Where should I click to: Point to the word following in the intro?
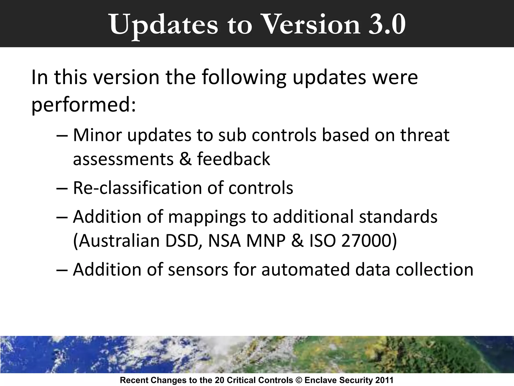point(244,77)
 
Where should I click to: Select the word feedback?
point(234,159)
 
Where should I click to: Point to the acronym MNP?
point(266,241)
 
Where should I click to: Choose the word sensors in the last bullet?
point(198,269)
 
